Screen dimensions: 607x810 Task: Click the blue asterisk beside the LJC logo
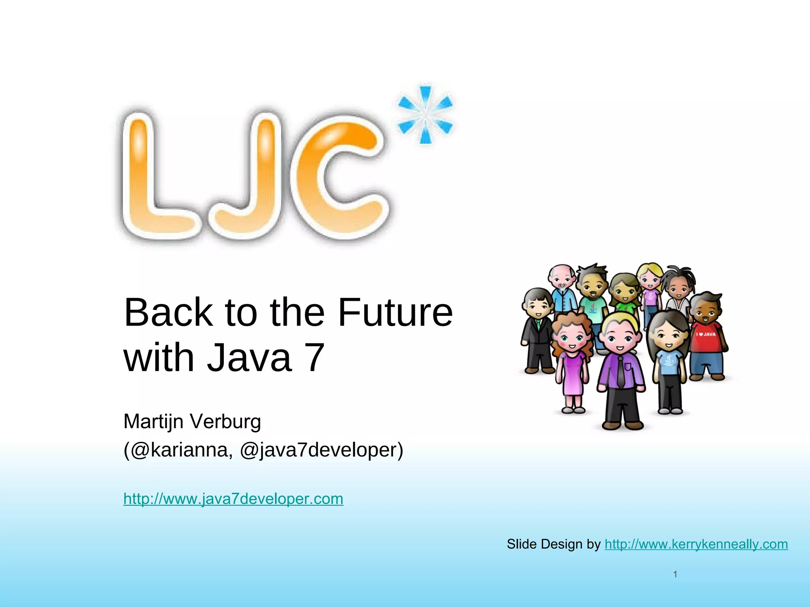425,115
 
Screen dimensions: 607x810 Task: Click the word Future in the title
395,313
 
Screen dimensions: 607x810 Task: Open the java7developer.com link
233,499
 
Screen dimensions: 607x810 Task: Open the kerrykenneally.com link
696,544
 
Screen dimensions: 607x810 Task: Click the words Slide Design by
554,544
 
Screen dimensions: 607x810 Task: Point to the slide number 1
675,574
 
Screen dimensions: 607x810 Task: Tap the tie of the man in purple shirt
621,371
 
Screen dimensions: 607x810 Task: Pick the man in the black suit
537,336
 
